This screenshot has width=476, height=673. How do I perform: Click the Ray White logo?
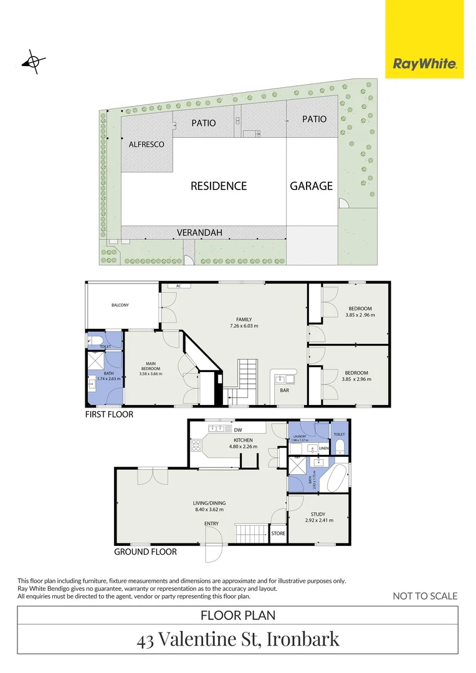point(424,64)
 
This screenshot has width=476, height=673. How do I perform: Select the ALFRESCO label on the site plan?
point(146,145)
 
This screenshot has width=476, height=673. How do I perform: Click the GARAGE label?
point(311,186)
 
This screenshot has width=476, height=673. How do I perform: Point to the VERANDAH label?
point(199,232)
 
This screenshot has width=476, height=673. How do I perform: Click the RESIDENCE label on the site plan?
point(218,186)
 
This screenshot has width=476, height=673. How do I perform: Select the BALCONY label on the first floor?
point(120,305)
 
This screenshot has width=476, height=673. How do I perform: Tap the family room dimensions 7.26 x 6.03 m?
point(244,326)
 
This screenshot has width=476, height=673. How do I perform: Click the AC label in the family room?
point(178,286)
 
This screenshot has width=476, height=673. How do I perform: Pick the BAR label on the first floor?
point(284,390)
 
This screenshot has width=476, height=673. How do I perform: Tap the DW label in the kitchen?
point(237,429)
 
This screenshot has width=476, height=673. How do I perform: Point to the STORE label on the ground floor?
point(278,533)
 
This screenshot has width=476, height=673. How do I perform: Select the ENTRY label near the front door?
point(211,523)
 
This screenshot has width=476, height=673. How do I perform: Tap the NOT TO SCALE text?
point(425,596)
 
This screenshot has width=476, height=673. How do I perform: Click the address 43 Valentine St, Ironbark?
point(238,639)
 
